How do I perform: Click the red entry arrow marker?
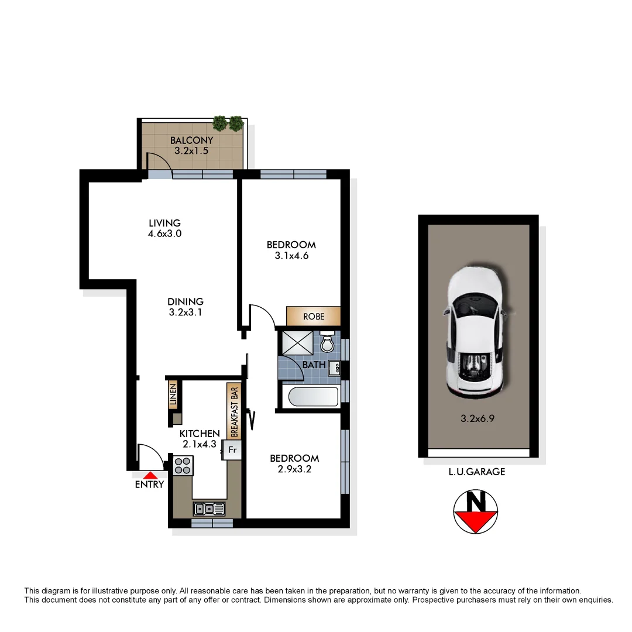151,476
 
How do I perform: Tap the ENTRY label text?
149,485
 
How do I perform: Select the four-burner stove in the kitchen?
183,465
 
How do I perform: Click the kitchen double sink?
209,509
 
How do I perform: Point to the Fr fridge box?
232,450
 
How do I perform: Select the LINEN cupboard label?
173,395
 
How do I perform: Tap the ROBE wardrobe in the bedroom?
313,317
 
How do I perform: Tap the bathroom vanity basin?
335,367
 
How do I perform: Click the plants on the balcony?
228,123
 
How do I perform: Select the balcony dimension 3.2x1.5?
191,150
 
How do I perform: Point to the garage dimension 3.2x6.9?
478,419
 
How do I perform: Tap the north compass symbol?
476,511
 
